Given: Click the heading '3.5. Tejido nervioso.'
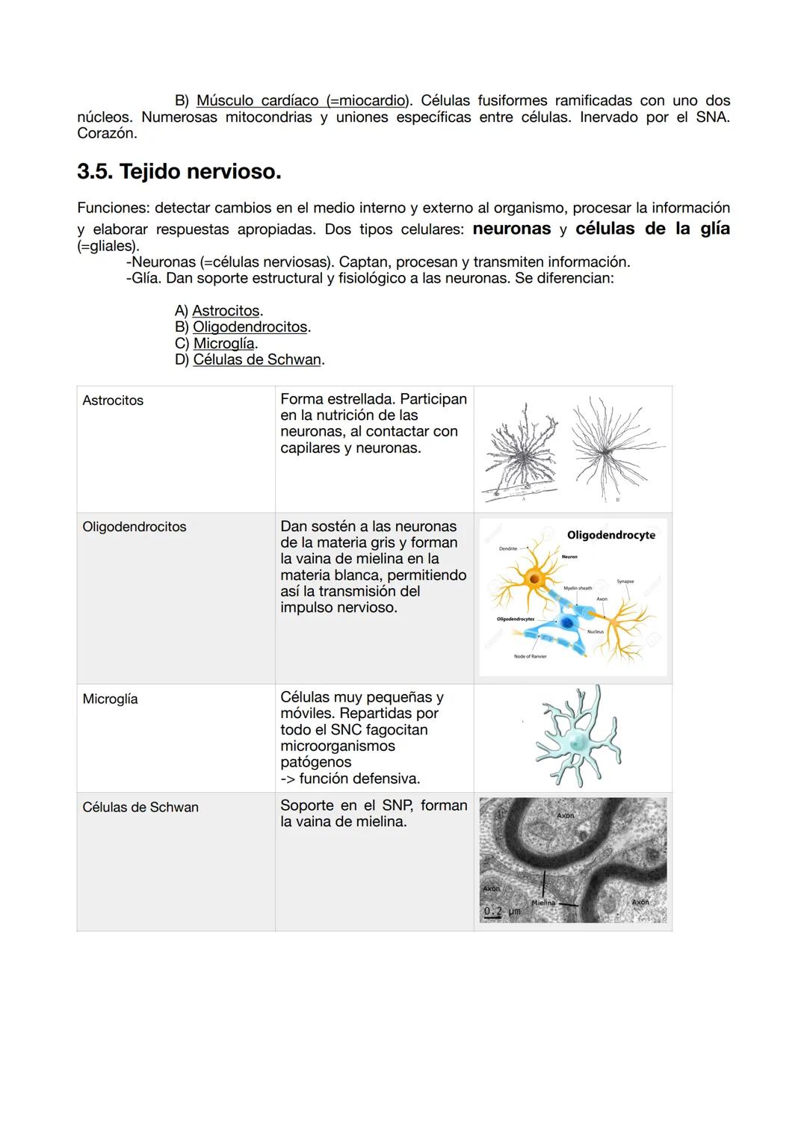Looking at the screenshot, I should (179, 172).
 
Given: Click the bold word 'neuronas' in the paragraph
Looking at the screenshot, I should (511, 229).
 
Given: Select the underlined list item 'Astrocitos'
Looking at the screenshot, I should (226, 311).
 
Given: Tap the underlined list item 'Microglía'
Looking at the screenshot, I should (223, 344).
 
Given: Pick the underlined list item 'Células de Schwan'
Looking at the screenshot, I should (257, 359).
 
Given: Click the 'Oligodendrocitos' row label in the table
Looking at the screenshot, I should (134, 527).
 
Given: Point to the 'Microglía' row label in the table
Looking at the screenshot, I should (110, 699).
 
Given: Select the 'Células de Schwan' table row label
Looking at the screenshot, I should (140, 807).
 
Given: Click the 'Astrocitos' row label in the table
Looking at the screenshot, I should (113, 401).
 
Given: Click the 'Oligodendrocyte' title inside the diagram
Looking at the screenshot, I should (610, 535).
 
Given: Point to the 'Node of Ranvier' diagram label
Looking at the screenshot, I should (530, 657).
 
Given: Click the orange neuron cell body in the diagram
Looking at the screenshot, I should (535, 578).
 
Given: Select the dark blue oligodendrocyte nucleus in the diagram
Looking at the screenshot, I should (567, 622).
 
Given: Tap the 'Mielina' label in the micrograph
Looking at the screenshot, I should (543, 903).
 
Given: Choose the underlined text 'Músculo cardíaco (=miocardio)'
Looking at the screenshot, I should (303, 100).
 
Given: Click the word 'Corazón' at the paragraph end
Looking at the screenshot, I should (106, 134).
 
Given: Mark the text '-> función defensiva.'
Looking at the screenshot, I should (350, 779).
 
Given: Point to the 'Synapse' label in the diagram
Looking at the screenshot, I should (625, 581).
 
